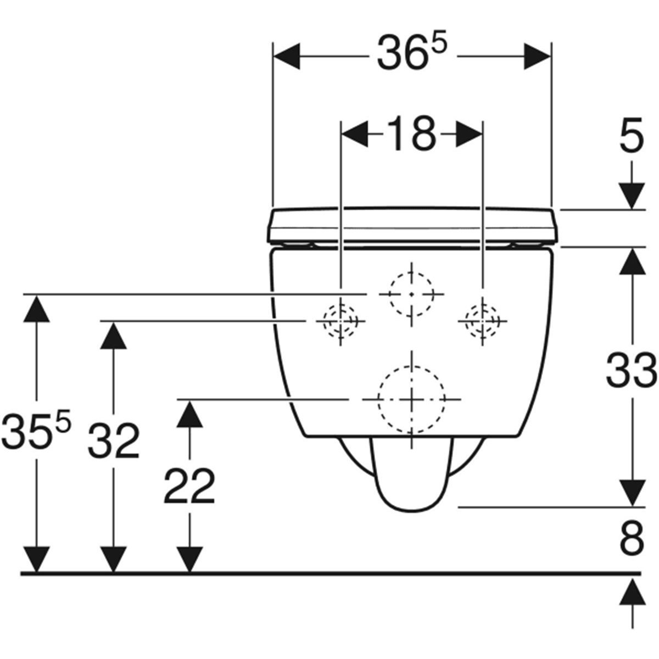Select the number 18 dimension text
[411, 133]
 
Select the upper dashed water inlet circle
[412, 294]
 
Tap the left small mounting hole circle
[340, 321]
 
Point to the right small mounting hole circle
[483, 321]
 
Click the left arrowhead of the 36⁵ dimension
[287, 56]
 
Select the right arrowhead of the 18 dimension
[468, 133]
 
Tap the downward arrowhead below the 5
[632, 196]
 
